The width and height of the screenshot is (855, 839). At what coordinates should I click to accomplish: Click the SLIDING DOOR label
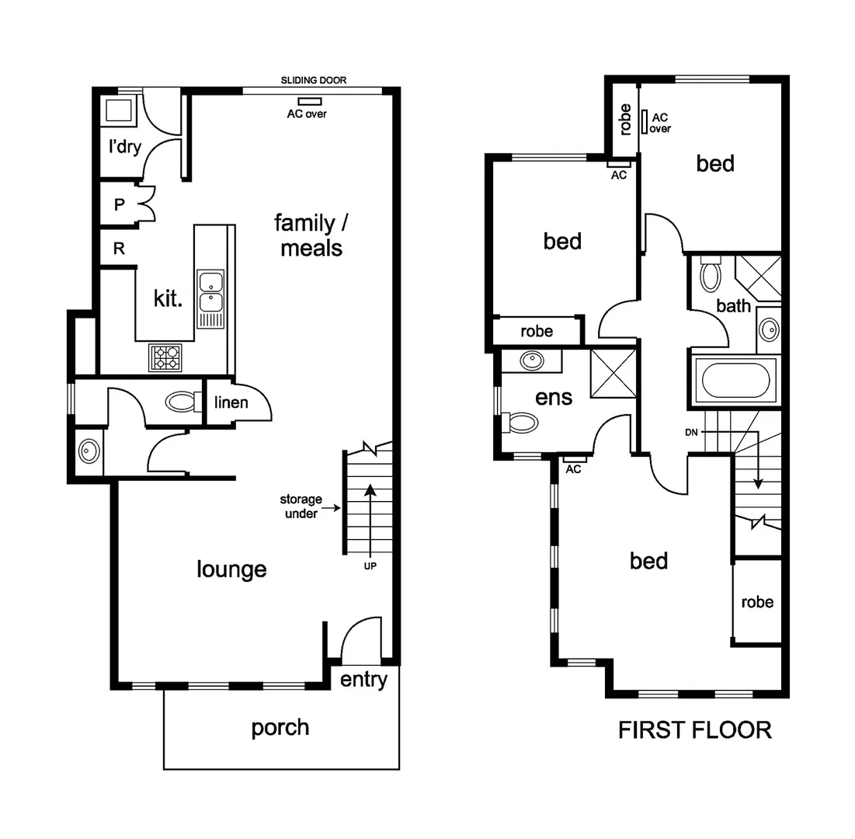point(314,80)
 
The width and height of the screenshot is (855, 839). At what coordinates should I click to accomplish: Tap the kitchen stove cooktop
point(165,357)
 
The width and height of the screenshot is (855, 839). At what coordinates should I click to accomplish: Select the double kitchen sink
point(210,291)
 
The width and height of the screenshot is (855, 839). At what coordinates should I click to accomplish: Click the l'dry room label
point(124,146)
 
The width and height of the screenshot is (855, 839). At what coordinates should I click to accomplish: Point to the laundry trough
point(119,111)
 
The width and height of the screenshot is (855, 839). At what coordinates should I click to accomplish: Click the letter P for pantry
point(120,205)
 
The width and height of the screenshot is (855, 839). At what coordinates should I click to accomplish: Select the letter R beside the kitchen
point(120,249)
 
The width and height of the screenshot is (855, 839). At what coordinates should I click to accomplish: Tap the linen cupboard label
point(231,402)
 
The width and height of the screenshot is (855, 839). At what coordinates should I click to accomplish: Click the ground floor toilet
point(182,402)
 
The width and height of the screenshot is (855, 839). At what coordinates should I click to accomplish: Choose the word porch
point(280,728)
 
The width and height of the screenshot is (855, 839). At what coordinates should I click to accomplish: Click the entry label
point(363,680)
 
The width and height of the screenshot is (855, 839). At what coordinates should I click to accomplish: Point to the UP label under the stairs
point(370,566)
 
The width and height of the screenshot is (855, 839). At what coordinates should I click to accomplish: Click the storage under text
point(301,507)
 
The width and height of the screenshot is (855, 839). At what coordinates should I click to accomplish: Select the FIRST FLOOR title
point(695,730)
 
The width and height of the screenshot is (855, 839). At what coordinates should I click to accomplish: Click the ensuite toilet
point(522,423)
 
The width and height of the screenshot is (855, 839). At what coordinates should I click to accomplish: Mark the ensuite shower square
point(613,373)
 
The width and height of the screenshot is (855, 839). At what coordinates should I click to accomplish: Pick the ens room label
point(554,397)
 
